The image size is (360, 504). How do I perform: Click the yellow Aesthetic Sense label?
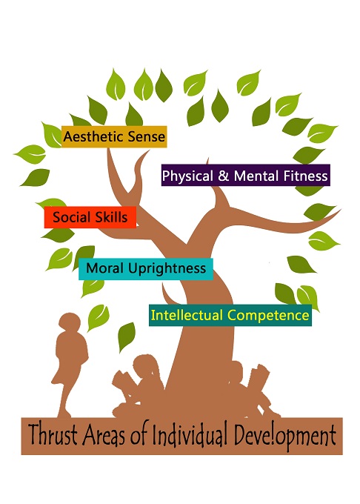114,136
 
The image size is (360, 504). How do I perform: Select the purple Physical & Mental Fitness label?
246,175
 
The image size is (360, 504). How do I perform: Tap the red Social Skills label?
90,217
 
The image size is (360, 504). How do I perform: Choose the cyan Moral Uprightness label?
146,269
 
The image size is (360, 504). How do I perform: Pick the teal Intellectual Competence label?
230,315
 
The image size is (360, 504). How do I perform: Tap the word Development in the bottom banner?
285,437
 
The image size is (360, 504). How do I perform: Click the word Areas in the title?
104,435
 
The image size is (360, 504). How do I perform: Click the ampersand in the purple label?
223,176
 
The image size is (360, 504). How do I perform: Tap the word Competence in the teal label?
268,315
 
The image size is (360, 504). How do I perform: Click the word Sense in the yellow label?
147,137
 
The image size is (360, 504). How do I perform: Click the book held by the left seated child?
123,382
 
